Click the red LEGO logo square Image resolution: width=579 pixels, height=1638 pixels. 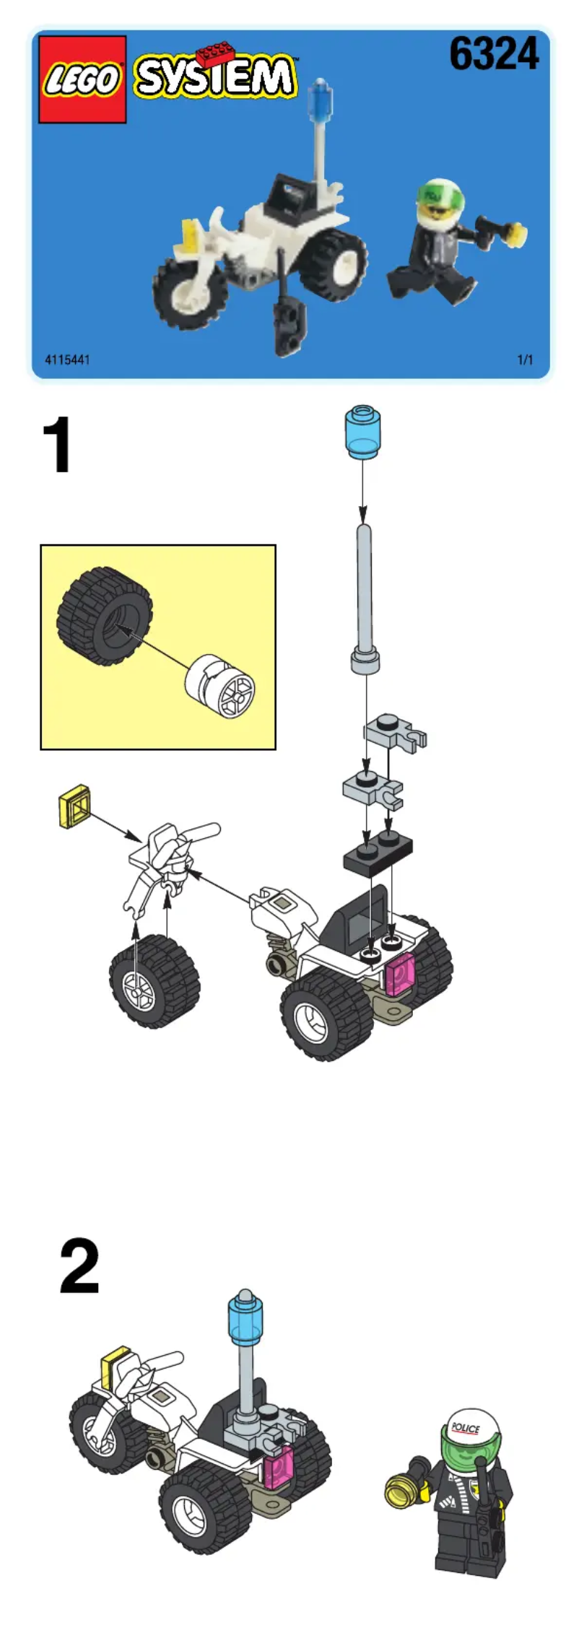[82, 79]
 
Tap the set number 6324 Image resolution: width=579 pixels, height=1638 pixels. [494, 54]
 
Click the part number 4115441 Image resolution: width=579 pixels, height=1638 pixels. [67, 360]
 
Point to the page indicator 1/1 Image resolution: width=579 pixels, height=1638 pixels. [525, 360]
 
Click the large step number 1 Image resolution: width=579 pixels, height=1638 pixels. [58, 445]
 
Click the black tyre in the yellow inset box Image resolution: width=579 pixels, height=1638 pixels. [105, 615]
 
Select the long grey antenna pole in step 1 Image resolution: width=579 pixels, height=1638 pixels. [365, 599]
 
